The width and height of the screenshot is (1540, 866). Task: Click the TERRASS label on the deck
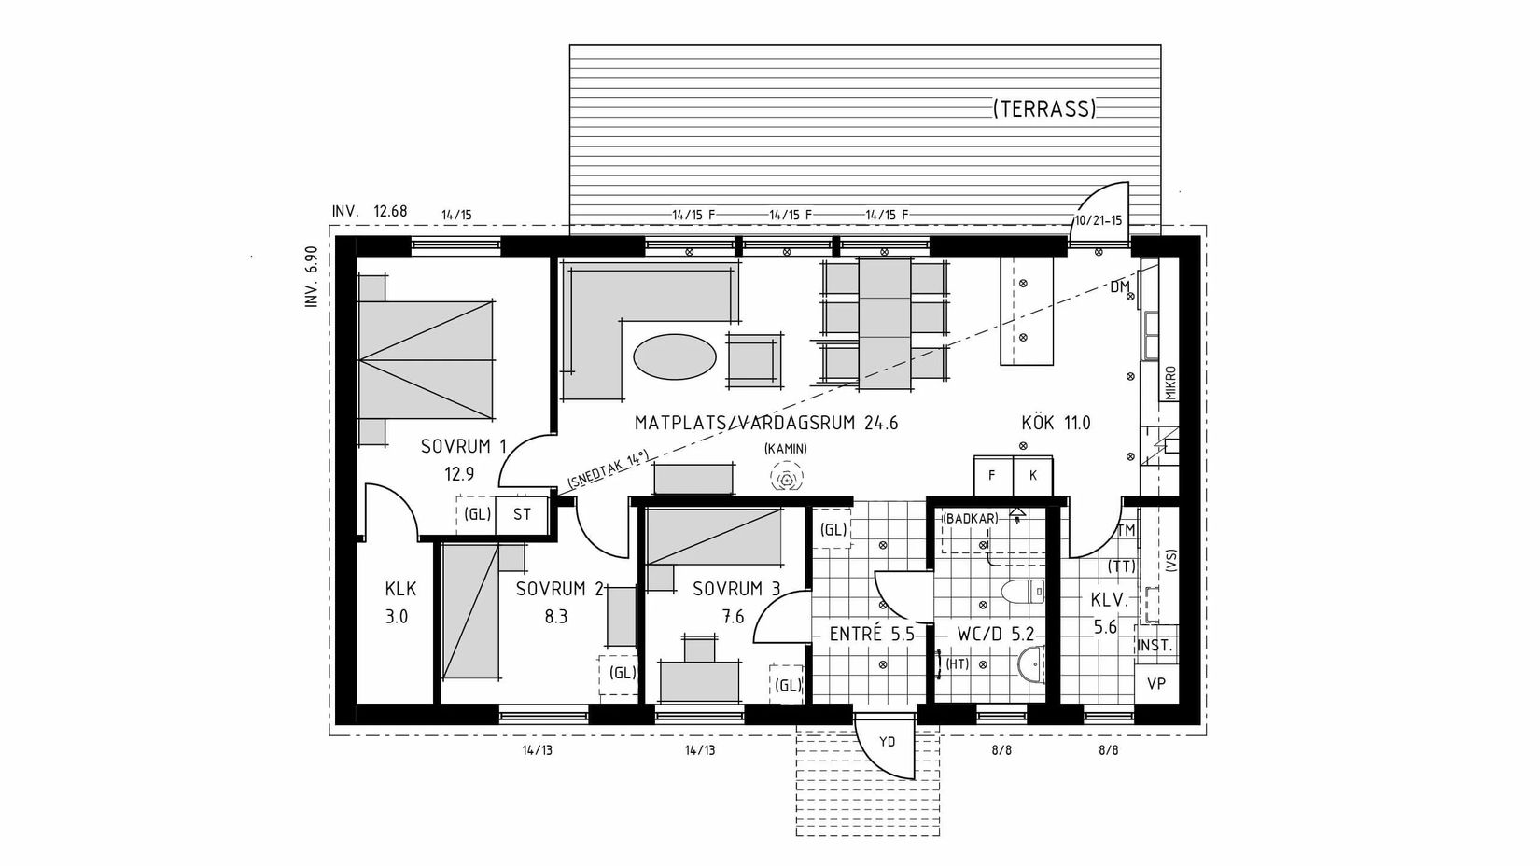pos(1043,109)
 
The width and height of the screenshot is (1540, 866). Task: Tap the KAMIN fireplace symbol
pos(786,480)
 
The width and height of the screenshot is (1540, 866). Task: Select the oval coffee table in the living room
pos(675,356)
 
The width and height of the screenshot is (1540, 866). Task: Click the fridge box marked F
pos(992,475)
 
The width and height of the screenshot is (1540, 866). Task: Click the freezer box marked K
pos(1033,475)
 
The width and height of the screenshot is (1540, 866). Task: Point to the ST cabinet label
pos(522,514)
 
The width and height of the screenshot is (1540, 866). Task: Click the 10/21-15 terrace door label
pos(1099,221)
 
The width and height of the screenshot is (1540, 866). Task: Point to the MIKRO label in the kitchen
pos(1170,382)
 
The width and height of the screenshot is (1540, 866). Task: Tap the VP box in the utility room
pos(1156,683)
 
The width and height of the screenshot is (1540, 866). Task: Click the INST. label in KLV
pos(1155,646)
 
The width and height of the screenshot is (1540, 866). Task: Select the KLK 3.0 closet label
pos(399,603)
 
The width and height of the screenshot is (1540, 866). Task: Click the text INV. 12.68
pos(370,211)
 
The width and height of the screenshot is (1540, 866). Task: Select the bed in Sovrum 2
pos(470,612)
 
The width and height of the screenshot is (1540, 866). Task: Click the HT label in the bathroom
pos(957,664)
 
